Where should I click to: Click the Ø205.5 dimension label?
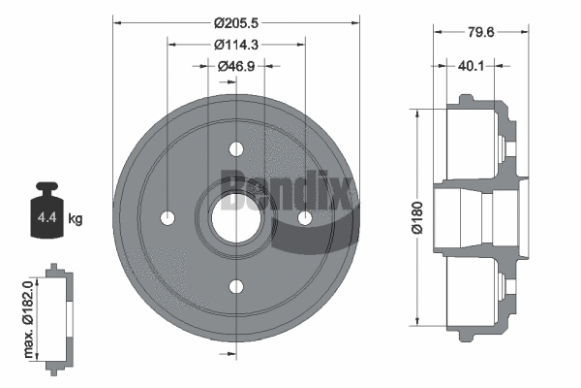click(236, 21)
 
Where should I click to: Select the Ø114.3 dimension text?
click(236, 44)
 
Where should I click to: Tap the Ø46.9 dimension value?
click(236, 66)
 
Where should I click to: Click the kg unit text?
click(76, 219)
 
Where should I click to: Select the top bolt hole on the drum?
click(236, 149)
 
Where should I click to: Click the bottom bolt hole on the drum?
click(236, 286)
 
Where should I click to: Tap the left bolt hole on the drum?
click(168, 217)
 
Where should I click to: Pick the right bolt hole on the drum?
click(304, 218)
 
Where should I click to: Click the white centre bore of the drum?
click(235, 217)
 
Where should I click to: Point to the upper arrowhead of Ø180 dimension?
click(417, 112)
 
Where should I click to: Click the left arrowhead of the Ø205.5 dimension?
click(117, 21)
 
